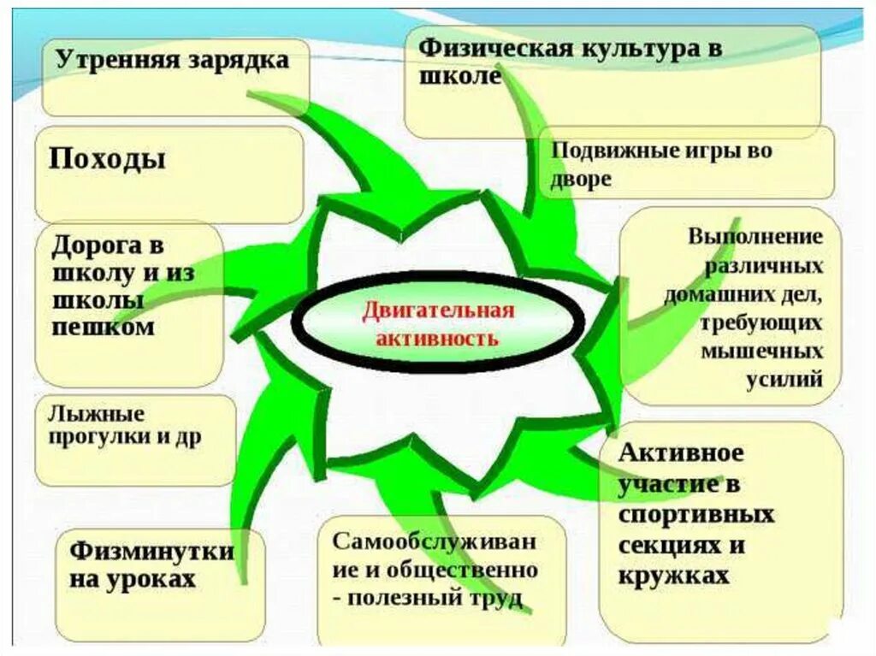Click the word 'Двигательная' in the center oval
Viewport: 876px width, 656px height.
pyautogui.click(x=436, y=310)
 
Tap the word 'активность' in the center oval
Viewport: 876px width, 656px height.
pyautogui.click(x=436, y=336)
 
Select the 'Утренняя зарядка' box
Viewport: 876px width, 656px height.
pyautogui.click(x=175, y=77)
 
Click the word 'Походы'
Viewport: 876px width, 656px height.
pyautogui.click(x=107, y=158)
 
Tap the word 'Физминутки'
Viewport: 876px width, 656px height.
pyautogui.click(x=151, y=550)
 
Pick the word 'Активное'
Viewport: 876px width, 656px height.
pyautogui.click(x=680, y=452)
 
